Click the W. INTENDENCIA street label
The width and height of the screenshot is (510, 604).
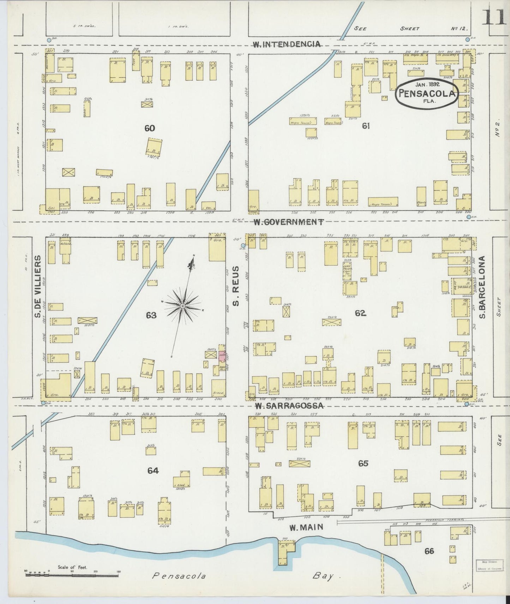(x=287, y=44)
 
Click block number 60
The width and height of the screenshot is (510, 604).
(x=149, y=128)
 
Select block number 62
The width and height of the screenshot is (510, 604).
(x=360, y=313)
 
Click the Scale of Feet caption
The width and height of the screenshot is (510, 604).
(x=72, y=568)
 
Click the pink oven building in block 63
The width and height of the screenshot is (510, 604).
(x=222, y=356)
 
